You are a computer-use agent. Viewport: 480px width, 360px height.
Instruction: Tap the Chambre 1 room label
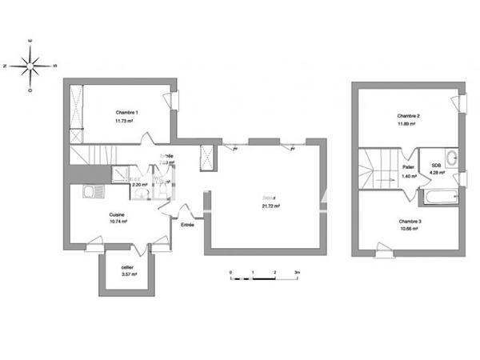coord(126,113)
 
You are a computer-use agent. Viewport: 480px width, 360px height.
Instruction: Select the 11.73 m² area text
coord(126,121)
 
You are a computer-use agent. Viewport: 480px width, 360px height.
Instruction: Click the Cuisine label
coord(118,214)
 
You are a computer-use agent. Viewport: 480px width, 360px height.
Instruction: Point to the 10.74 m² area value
coord(118,222)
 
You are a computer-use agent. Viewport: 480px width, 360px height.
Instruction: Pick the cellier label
coord(128,266)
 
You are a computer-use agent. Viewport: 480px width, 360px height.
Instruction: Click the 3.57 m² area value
coord(128,274)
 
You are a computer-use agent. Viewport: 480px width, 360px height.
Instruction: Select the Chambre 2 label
coord(409,117)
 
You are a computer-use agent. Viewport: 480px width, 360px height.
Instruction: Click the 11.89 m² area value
coord(409,125)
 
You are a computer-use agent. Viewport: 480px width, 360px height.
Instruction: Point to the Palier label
coord(407,166)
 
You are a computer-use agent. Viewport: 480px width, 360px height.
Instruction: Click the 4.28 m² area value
coord(437,173)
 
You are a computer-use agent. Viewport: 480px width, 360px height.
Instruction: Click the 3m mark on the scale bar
coord(297,273)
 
